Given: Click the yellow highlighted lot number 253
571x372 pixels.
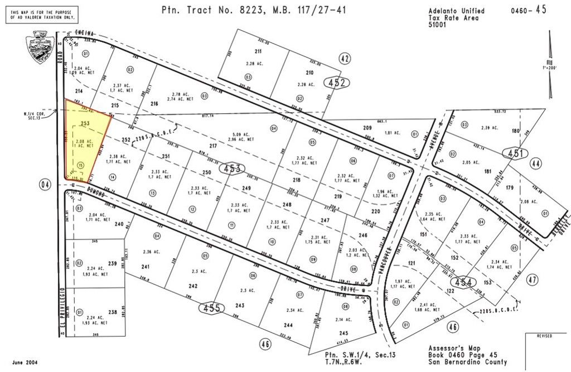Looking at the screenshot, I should click(85, 123).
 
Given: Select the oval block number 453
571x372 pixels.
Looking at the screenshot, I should click(233, 168).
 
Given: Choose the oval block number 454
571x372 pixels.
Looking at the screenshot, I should click(465, 283).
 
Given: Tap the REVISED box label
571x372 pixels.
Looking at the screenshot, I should click(544, 336).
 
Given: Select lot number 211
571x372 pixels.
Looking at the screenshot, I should click(258, 51).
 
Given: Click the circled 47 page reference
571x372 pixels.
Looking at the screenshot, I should click(532, 279).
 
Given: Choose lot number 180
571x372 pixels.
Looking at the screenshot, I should click(515, 131).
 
